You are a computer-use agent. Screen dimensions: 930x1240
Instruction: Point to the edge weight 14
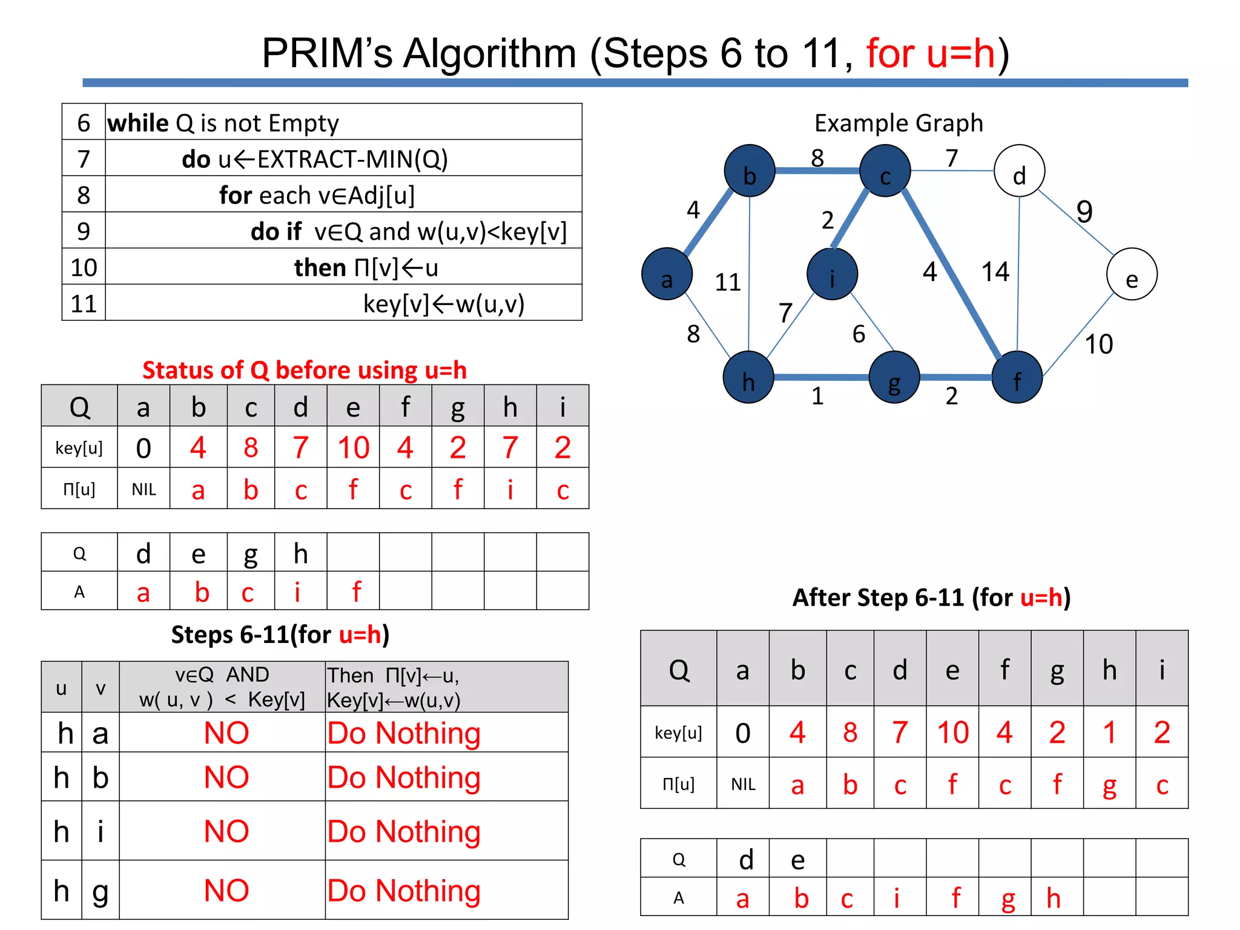[x=995, y=272]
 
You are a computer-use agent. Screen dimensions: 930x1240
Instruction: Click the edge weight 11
[x=728, y=282]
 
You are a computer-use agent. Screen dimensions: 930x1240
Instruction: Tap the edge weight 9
[x=1084, y=212]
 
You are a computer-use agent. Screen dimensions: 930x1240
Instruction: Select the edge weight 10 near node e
[x=1098, y=345]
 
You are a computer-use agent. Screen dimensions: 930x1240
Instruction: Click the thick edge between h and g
[x=821, y=377]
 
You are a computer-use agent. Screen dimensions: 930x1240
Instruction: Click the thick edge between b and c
[x=817, y=171]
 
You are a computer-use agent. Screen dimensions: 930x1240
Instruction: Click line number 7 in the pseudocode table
[x=84, y=159]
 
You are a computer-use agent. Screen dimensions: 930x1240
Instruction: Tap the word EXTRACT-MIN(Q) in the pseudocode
[x=352, y=159]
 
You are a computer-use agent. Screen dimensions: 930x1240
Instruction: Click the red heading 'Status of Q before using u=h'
[x=305, y=370]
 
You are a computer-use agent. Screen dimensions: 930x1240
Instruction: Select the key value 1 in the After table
[x=1109, y=733]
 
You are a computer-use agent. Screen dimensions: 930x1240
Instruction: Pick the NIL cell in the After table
[x=743, y=785]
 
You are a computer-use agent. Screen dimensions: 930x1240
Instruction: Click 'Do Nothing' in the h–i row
[x=404, y=831]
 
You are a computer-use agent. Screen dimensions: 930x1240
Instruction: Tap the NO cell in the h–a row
[x=226, y=733]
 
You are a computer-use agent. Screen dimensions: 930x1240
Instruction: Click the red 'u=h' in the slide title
[x=931, y=53]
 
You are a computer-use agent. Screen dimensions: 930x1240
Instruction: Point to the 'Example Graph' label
[x=899, y=123]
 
